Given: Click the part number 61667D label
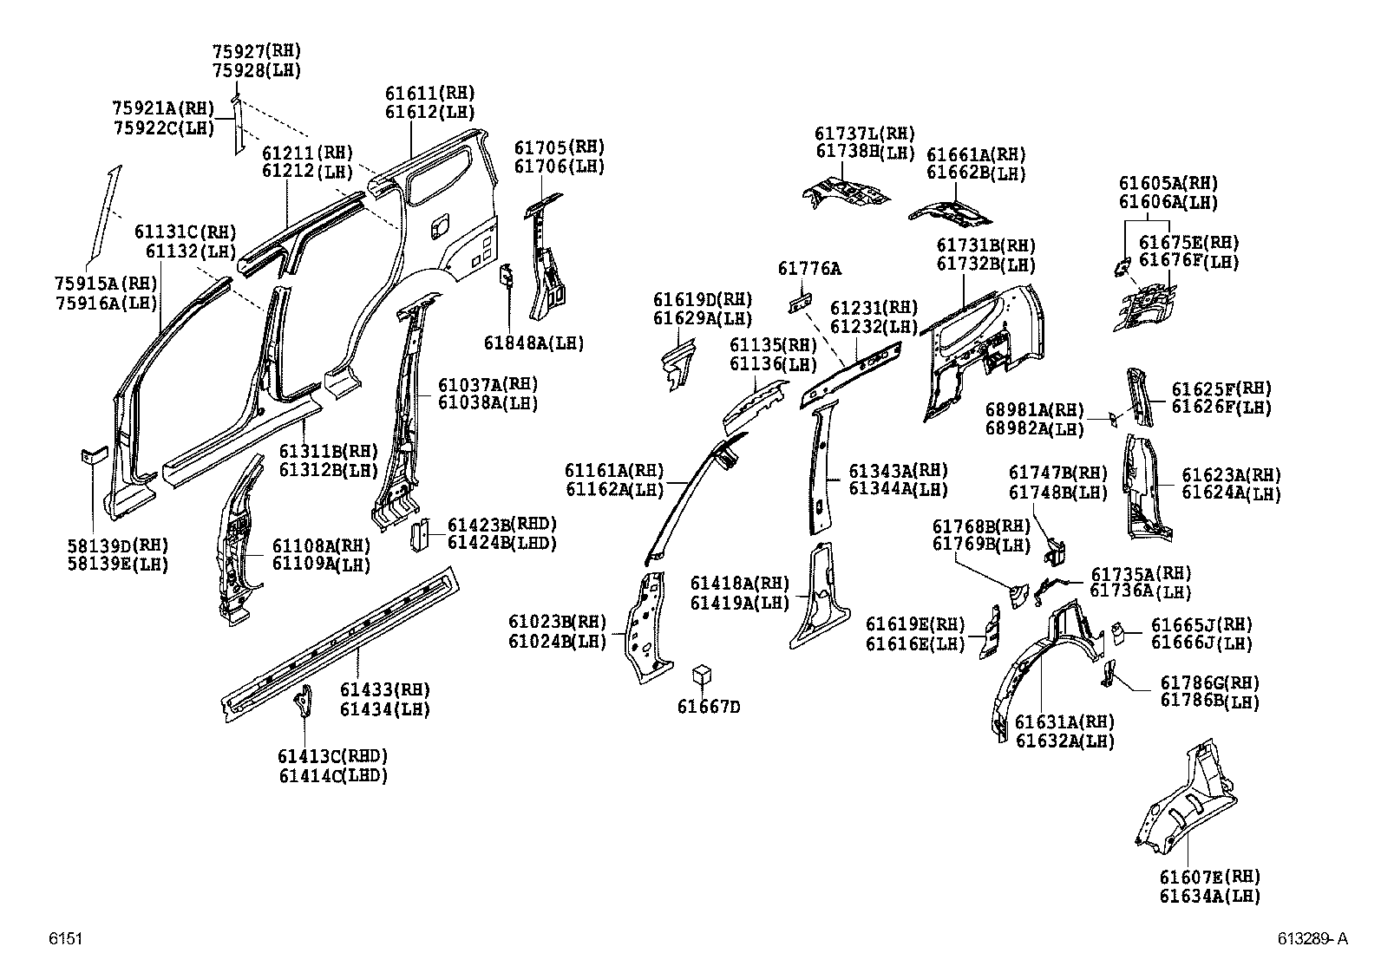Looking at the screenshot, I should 709,707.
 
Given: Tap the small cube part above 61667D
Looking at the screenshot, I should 704,676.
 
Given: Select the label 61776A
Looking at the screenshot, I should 808,269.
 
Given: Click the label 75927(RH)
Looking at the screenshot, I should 258,52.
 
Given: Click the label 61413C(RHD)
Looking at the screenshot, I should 333,756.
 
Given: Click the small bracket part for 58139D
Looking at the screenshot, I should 94,454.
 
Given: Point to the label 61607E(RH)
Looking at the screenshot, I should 1209,877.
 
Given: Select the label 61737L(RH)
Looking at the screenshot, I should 865,134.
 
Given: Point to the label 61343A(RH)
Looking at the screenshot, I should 897,470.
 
